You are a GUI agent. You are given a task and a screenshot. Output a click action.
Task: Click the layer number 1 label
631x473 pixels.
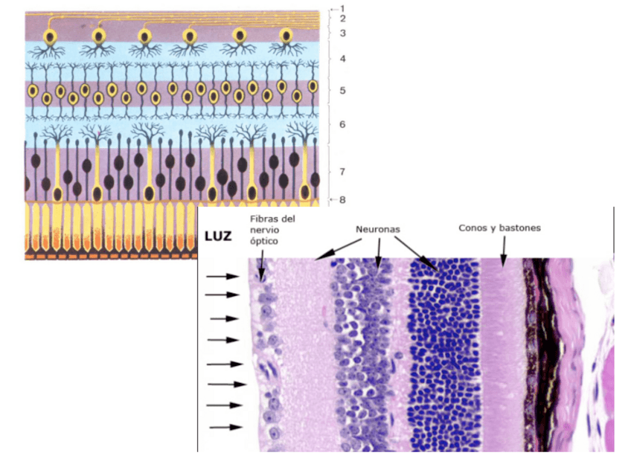343,8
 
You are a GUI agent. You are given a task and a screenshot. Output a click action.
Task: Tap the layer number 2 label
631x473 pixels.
343,18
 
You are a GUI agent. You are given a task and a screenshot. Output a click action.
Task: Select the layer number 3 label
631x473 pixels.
343,33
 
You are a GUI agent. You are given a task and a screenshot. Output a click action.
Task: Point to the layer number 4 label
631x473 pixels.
342,58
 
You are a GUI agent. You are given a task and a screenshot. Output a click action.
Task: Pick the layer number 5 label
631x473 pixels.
342,91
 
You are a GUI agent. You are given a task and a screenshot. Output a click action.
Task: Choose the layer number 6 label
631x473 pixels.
342,124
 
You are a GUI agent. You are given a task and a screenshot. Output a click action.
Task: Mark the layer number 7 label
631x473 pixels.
342,172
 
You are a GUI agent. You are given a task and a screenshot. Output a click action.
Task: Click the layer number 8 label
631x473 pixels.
343,199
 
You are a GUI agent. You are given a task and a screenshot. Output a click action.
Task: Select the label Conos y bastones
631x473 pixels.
499,228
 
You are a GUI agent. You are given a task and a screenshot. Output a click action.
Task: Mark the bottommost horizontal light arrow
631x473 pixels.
225,427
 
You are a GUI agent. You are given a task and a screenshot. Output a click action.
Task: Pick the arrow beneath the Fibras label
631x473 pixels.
261,266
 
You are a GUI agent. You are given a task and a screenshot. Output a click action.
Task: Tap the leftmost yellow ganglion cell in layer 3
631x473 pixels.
50,36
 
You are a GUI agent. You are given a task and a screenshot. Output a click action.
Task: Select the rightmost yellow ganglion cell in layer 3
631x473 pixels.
285,36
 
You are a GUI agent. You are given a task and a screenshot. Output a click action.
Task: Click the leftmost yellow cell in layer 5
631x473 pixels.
33,90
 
